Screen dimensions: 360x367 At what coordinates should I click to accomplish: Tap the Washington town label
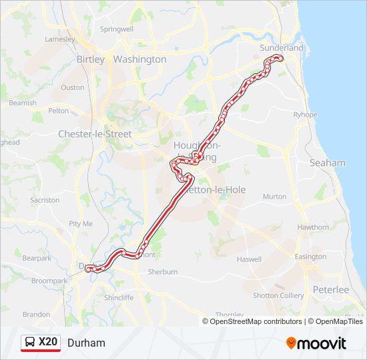coord(139,59)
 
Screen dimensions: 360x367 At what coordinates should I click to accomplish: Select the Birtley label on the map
coord(91,59)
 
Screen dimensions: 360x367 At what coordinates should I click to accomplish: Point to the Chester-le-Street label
coord(95,134)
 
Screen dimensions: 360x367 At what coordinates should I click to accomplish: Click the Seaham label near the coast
coord(327,163)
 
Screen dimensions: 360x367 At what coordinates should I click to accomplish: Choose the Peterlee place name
coord(331,290)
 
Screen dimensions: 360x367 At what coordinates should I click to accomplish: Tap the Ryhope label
coord(306,115)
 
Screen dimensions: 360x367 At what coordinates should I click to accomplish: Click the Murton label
coord(274,197)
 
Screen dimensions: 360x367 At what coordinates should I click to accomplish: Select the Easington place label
coord(310,257)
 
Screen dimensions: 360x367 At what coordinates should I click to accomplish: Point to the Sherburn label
coord(163,272)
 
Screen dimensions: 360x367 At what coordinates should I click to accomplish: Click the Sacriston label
coord(45,200)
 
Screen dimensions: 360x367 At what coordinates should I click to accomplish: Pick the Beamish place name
coord(23,103)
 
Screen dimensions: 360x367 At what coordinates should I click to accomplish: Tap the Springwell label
coord(116,29)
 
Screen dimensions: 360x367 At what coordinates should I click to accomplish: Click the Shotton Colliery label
coord(278,295)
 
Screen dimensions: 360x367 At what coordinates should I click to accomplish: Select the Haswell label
coord(249,259)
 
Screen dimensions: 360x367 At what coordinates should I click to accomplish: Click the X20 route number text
coord(48,343)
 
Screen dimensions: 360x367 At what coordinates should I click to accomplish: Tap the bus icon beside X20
coord(31,343)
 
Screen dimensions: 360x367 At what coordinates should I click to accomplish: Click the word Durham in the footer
coord(86,343)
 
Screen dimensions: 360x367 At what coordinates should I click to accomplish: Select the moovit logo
coord(316,343)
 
